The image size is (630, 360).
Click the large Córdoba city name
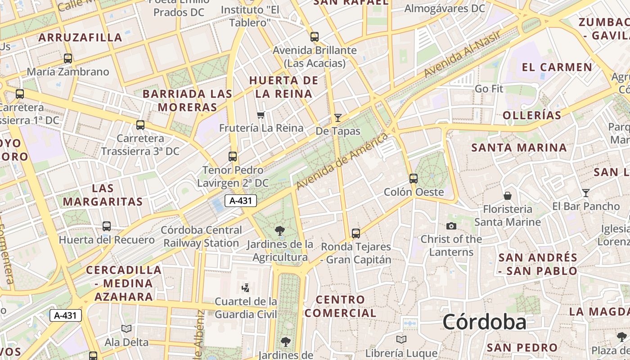(484, 322)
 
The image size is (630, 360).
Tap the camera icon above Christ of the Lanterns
(451, 226)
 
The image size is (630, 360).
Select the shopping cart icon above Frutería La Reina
(261, 115)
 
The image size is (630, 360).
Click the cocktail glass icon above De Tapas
(337, 118)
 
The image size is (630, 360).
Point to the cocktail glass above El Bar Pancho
(585, 193)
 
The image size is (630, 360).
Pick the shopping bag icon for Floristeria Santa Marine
(508, 196)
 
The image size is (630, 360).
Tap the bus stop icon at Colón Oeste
(414, 179)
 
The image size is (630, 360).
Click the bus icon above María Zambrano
(68, 58)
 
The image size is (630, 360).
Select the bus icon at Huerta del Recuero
(107, 226)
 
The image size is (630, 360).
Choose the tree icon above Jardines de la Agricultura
(279, 231)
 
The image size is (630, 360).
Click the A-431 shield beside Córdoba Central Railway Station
(240, 201)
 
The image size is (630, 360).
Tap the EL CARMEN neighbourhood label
(557, 67)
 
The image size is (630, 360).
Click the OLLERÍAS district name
(532, 115)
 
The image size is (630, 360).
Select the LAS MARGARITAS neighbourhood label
(103, 194)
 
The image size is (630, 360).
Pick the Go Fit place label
(489, 89)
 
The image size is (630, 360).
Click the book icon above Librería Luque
(401, 339)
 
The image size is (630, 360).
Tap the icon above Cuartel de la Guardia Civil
(246, 288)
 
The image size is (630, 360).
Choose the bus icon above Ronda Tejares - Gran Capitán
(356, 234)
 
